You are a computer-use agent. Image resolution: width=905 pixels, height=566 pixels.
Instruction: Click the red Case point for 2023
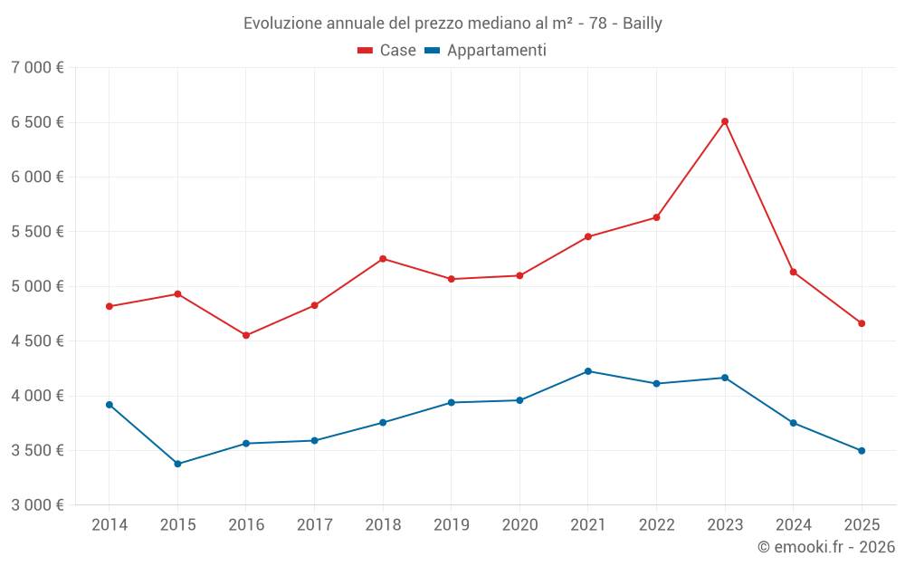725,121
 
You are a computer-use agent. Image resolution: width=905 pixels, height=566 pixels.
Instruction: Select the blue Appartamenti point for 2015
177,464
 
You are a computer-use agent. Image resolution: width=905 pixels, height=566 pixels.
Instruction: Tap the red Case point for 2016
246,335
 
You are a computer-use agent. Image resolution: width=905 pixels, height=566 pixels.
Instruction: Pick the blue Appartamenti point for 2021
588,371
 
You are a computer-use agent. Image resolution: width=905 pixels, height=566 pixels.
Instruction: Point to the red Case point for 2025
862,323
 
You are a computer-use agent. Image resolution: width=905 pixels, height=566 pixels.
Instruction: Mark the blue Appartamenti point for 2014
110,405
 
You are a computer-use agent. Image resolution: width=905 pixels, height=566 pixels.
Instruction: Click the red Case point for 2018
383,259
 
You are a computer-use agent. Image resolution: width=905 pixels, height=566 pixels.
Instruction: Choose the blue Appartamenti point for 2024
794,423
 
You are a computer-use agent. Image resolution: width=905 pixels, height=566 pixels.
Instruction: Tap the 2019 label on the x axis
452,525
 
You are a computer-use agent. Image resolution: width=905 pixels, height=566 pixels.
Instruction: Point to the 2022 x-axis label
656,525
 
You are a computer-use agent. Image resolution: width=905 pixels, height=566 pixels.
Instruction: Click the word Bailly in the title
643,24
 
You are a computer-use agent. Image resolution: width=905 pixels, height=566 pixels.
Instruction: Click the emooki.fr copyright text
826,547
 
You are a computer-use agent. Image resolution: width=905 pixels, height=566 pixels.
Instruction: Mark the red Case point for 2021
588,236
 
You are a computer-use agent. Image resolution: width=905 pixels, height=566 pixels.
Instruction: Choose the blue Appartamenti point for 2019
452,402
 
